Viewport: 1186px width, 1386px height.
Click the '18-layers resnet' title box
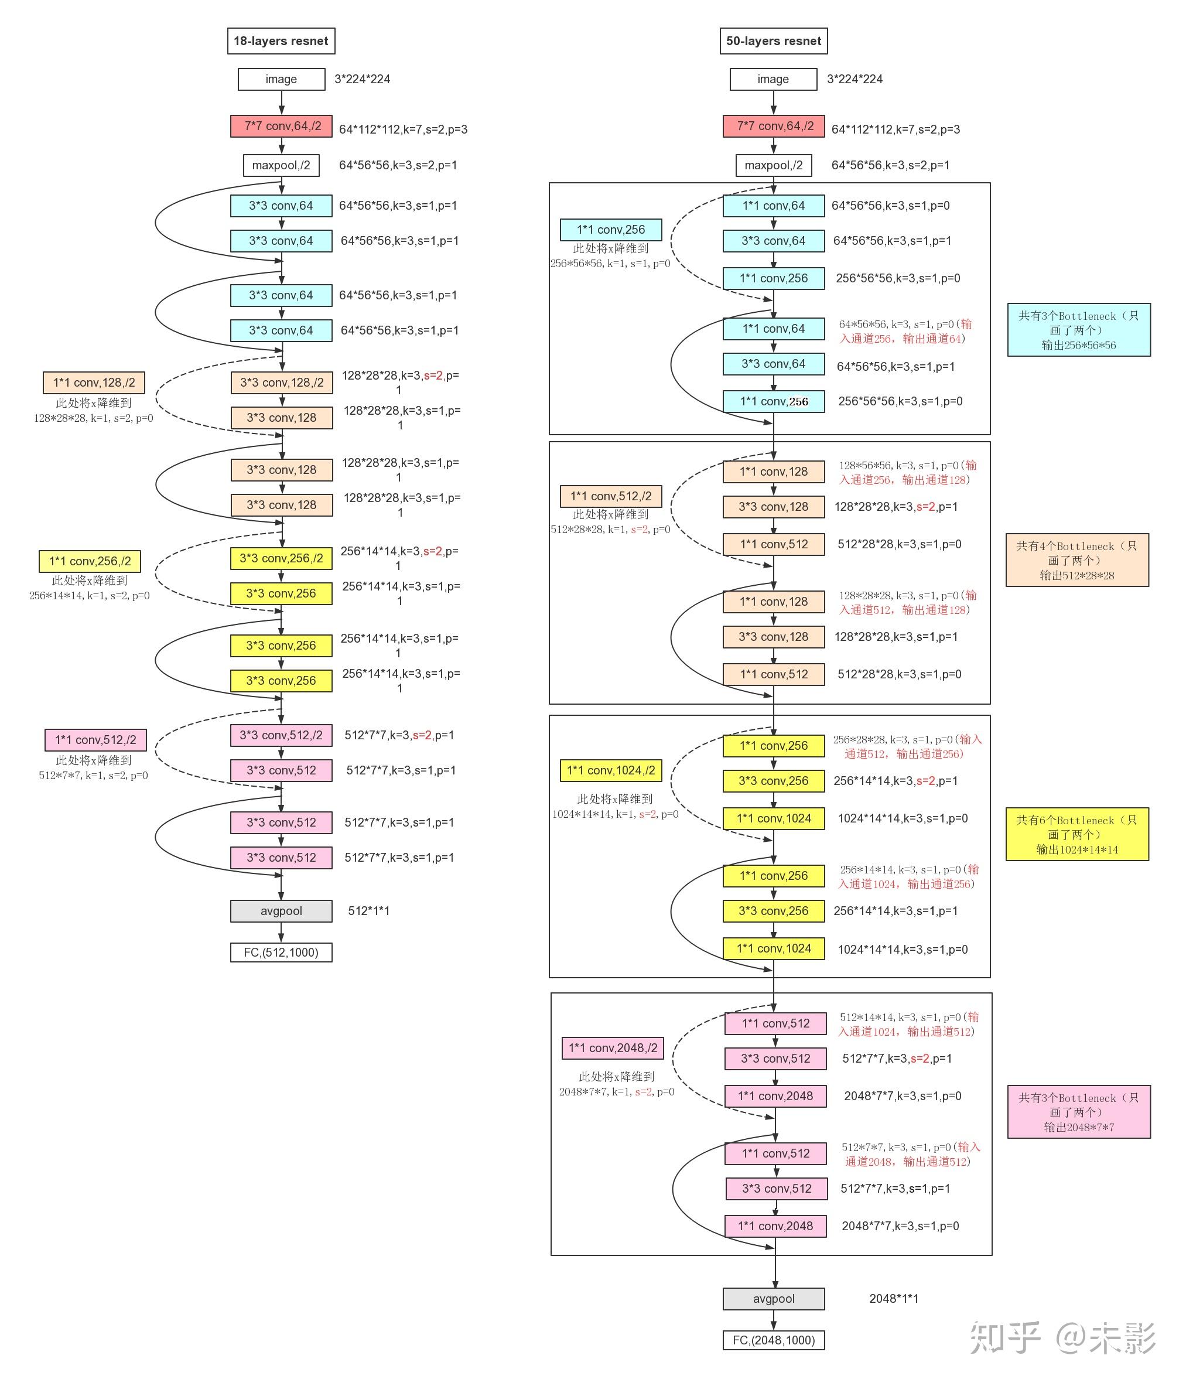[281, 41]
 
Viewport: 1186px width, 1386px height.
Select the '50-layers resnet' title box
[773, 41]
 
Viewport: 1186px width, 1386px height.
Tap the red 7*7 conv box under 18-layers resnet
[281, 126]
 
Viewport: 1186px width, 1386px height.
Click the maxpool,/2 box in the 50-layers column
[773, 165]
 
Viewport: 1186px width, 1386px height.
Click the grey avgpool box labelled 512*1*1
[281, 910]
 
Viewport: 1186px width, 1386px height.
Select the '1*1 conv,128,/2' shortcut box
[94, 383]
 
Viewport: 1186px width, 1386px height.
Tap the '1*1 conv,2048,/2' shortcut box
[613, 1047]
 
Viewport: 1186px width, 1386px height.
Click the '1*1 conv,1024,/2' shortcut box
[611, 770]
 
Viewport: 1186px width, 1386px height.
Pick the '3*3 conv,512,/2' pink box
[281, 735]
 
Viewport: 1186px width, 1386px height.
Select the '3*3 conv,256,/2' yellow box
[281, 558]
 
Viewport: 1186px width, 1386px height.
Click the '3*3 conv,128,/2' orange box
[282, 383]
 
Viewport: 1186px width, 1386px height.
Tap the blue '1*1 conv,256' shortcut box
[611, 230]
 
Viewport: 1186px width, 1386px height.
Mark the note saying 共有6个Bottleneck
[1077, 834]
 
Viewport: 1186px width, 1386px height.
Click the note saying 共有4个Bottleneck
[1077, 560]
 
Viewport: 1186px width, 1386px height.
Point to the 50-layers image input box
[773, 79]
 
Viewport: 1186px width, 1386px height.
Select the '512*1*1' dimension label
[368, 910]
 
